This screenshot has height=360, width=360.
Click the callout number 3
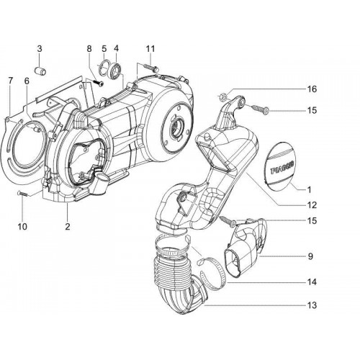[40, 49]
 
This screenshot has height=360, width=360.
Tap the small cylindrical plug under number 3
[40, 71]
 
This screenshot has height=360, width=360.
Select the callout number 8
[89, 49]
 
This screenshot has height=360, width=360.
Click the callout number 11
[150, 49]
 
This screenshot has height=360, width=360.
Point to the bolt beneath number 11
[150, 68]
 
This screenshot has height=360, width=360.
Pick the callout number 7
[10, 81]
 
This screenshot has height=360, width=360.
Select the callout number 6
[27, 81]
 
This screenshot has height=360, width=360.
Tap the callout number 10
[22, 226]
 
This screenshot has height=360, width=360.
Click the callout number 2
[68, 226]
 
